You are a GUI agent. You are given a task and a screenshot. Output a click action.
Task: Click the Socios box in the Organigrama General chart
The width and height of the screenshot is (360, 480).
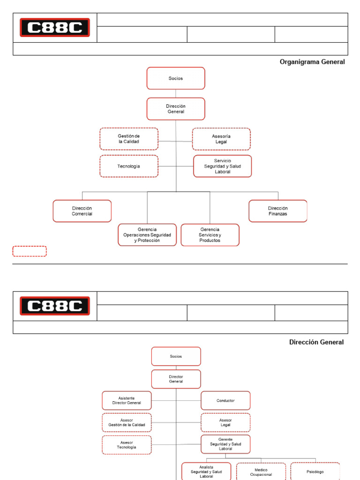[176, 78]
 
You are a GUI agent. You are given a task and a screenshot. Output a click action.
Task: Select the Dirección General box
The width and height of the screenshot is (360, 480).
[176, 109]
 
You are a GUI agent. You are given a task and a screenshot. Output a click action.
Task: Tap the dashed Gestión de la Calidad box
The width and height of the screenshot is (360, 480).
[129, 139]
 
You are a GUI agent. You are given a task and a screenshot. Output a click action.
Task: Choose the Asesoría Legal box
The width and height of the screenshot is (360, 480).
[221, 139]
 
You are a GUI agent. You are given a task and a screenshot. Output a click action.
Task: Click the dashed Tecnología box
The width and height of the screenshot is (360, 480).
[129, 166]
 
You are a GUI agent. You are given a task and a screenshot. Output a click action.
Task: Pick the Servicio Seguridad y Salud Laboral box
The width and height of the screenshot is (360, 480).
[223, 166]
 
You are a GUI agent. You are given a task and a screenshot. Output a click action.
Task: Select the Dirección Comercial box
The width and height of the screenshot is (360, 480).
[82, 211]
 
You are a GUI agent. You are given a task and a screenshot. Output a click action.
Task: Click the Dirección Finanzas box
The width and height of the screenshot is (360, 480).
[278, 211]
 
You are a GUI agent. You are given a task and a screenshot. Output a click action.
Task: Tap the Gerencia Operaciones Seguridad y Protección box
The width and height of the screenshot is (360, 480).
[147, 235]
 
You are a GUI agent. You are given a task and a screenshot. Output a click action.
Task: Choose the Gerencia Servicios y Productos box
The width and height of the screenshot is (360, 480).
[210, 235]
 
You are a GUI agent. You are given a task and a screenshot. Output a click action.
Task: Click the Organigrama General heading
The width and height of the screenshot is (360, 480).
[312, 62]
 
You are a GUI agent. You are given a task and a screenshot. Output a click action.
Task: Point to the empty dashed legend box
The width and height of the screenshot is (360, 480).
[30, 251]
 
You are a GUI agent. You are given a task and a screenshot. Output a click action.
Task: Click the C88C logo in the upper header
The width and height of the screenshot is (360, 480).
[54, 28]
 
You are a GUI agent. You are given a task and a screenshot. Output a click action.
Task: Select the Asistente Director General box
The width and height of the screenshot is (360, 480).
[127, 400]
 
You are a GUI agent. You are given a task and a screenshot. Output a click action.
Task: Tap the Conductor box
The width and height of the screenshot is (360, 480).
[225, 400]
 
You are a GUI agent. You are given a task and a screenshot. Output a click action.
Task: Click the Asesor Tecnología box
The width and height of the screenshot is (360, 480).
[127, 445]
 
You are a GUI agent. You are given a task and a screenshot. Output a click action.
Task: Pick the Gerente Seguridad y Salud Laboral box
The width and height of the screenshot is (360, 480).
[225, 444]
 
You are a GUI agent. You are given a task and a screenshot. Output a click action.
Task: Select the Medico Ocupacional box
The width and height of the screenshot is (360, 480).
[261, 472]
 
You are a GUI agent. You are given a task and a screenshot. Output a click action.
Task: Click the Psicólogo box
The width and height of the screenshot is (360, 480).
[315, 471]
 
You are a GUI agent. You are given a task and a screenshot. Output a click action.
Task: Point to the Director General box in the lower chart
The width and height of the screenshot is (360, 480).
[176, 379]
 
